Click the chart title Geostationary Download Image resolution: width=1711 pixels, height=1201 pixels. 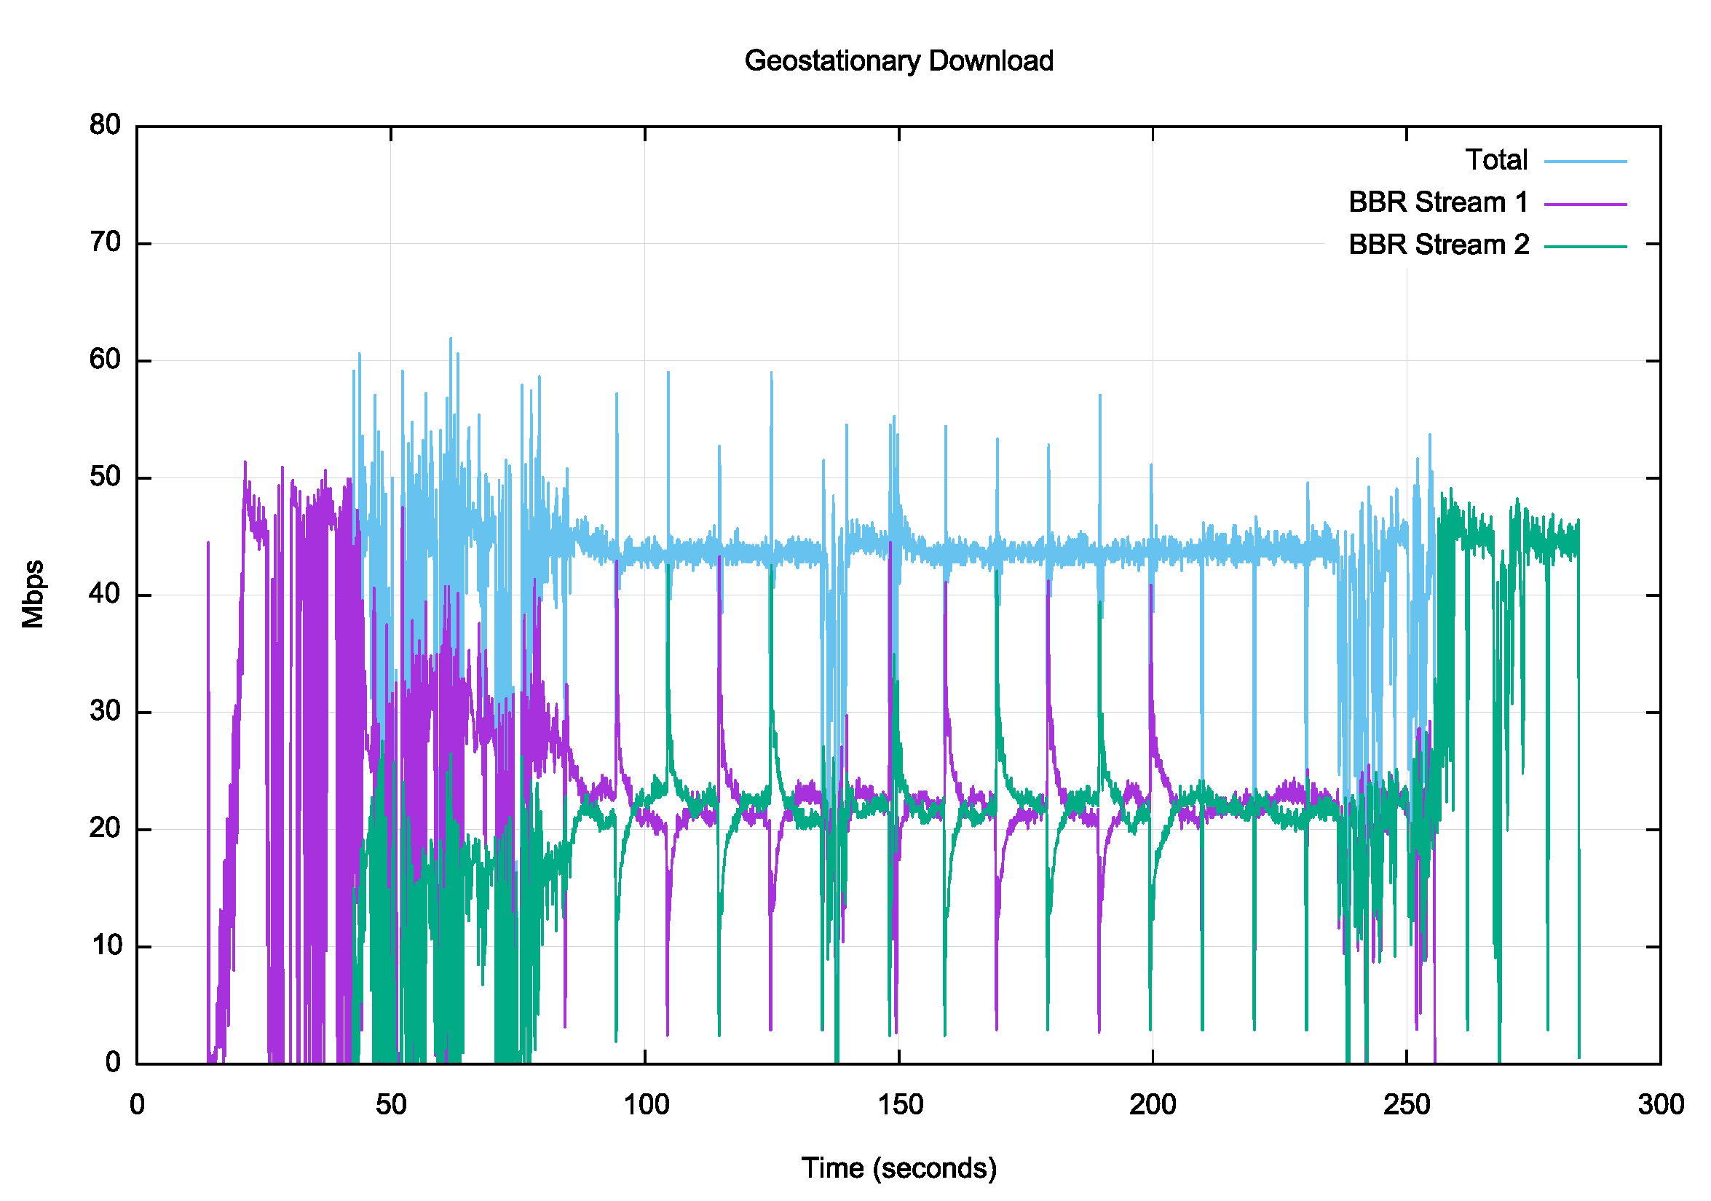(898, 61)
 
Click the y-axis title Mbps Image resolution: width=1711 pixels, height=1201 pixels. (33, 594)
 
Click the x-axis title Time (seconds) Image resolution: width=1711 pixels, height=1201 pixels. (898, 1168)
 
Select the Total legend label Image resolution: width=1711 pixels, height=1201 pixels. (1496, 160)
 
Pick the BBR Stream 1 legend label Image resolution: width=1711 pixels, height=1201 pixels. (1438, 202)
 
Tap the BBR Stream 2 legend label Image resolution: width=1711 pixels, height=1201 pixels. (1438, 245)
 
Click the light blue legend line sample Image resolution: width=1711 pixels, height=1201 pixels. (1585, 161)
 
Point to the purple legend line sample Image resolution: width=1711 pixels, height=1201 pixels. (1585, 203)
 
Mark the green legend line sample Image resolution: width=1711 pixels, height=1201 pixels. (1585, 246)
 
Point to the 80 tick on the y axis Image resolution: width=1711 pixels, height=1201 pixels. (105, 125)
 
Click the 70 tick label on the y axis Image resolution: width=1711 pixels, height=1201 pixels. (105, 243)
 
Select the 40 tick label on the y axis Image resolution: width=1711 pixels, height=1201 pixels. (105, 595)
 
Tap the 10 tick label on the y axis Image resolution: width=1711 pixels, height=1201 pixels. (105, 946)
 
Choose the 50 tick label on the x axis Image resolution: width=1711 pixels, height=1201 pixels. (390, 1104)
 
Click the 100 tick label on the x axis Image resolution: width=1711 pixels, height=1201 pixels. (645, 1104)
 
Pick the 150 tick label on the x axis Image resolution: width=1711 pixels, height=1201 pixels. (899, 1104)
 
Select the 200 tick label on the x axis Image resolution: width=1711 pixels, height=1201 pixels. (1153, 1104)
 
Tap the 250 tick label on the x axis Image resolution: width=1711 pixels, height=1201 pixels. (1407, 1104)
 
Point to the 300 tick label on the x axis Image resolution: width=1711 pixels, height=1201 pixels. (1661, 1104)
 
